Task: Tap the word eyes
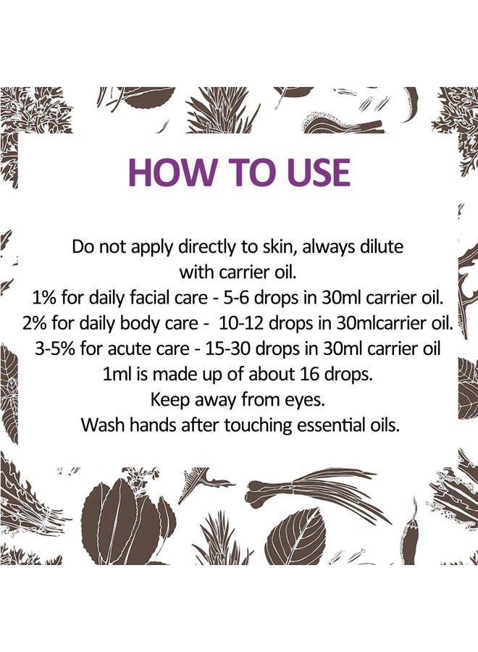[306, 398]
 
